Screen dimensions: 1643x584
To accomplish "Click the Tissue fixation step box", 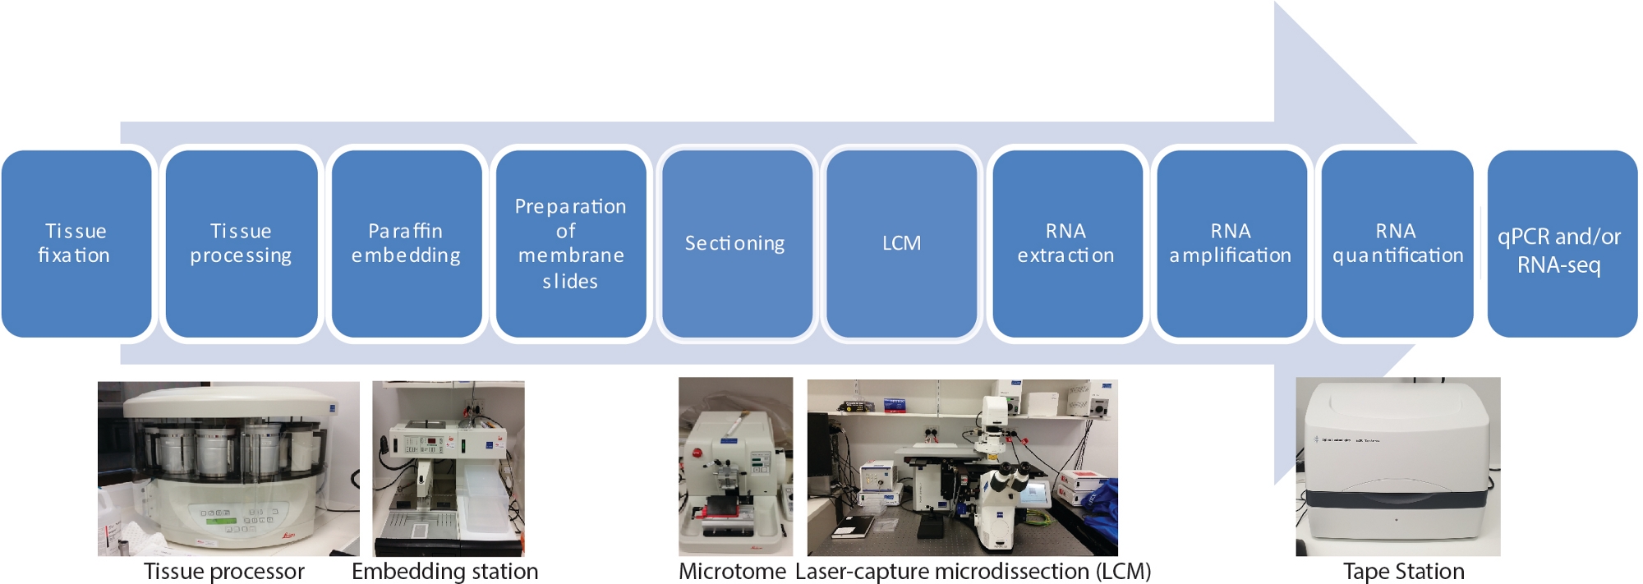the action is point(76,243).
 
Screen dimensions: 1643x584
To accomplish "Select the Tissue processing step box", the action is point(242,243).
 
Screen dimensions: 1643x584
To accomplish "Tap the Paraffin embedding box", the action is point(407,243).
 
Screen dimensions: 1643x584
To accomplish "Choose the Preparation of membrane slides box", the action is point(571,243).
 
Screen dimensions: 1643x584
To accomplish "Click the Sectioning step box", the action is point(737,243).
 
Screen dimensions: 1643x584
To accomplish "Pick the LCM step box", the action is point(901,243).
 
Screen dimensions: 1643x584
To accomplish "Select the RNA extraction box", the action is point(1067,243).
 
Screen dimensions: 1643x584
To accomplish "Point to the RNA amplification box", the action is point(1231,243).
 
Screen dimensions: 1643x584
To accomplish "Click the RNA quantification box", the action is point(1397,243).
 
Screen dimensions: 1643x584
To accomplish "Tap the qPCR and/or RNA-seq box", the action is point(1562,243).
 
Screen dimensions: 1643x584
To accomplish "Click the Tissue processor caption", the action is point(224,572).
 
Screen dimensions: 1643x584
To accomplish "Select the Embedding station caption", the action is point(445,572).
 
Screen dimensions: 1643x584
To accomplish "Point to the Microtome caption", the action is point(732,572).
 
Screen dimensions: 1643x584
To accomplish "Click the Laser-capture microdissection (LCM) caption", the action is point(973,572).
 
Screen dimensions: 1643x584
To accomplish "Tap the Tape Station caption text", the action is point(1404,572).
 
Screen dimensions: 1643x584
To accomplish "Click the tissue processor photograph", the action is point(228,468).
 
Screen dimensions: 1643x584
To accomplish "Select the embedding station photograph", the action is point(449,468).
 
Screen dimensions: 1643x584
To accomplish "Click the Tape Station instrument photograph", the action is point(1398,467).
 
